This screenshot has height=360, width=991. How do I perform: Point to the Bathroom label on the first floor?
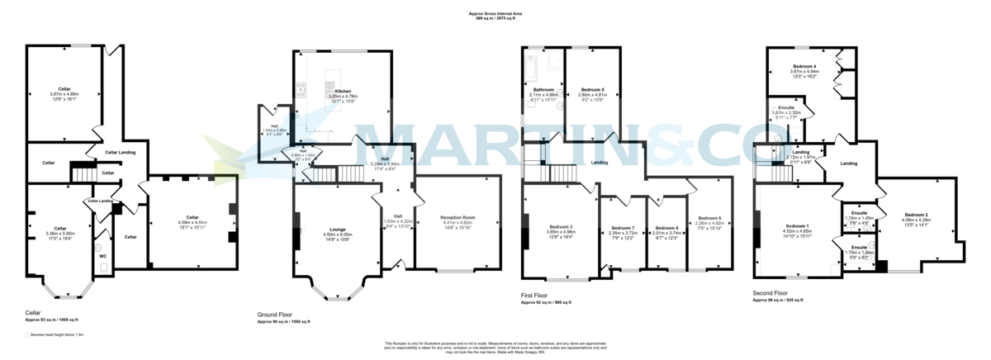pyautogui.click(x=543, y=89)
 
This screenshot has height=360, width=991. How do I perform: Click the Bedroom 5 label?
pyautogui.click(x=592, y=89)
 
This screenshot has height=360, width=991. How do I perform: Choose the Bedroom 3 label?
pyautogui.click(x=561, y=227)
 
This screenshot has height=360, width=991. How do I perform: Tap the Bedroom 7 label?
pyautogui.click(x=623, y=228)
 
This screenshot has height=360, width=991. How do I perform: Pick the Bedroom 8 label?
pyautogui.click(x=666, y=228)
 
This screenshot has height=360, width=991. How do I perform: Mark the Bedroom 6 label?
pyautogui.click(x=709, y=218)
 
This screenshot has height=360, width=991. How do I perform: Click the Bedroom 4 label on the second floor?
pyautogui.click(x=804, y=66)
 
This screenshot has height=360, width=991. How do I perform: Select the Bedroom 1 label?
pyautogui.click(x=797, y=225)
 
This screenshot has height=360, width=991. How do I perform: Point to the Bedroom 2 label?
pyautogui.click(x=915, y=215)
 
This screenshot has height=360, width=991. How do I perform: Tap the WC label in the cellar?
pyautogui.click(x=103, y=256)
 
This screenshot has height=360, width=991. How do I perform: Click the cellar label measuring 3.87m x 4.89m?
pyautogui.click(x=64, y=89)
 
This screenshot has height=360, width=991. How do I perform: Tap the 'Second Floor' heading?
pyautogui.click(x=771, y=293)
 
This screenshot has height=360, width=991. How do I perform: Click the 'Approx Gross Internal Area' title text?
pyautogui.click(x=495, y=14)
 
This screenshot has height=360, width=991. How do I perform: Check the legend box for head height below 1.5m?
pyautogui.click(x=26, y=334)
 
